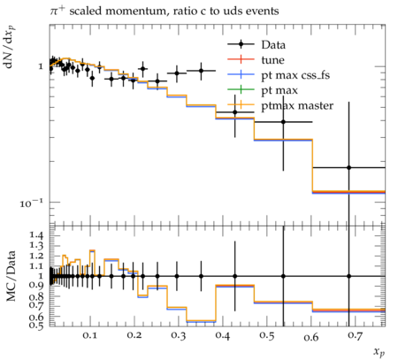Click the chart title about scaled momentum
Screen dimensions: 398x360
[x=165, y=11]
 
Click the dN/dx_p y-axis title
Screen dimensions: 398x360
[x=10, y=47]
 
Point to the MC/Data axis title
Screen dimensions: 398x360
[x=11, y=276]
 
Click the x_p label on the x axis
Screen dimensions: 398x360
[x=379, y=352]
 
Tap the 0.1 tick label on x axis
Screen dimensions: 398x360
[x=89, y=335]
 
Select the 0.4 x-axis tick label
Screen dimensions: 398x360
[x=222, y=335]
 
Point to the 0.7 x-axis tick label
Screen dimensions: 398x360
[x=355, y=335]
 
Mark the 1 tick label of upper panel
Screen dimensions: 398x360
[x=41, y=66]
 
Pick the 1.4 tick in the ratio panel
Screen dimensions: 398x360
[x=36, y=235]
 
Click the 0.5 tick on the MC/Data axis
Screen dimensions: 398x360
[x=36, y=325]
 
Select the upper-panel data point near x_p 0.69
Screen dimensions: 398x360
[x=348, y=167]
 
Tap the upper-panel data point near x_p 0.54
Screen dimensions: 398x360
[x=283, y=122]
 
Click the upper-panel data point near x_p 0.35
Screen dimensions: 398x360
[x=201, y=71]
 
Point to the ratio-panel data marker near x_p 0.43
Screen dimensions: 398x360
[x=235, y=276]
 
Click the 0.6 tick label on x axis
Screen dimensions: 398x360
[x=310, y=336]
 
